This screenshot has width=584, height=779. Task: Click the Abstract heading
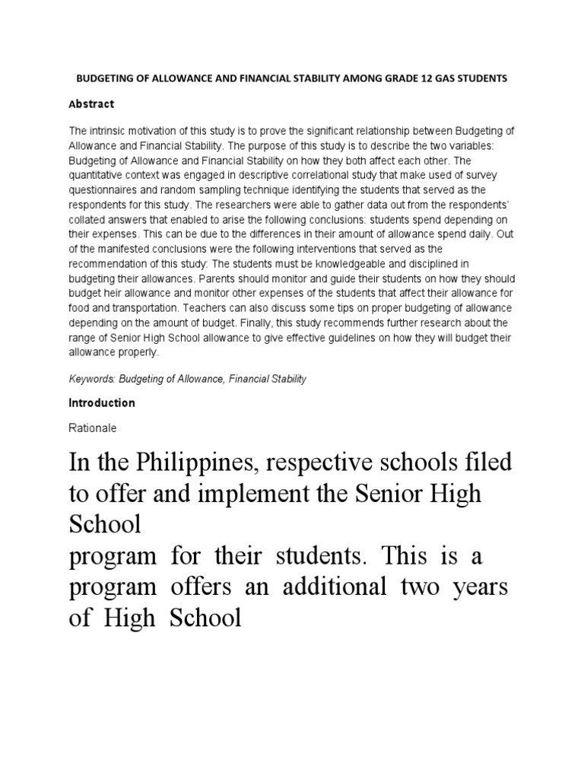tap(91, 104)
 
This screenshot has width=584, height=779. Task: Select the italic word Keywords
tap(90, 378)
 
